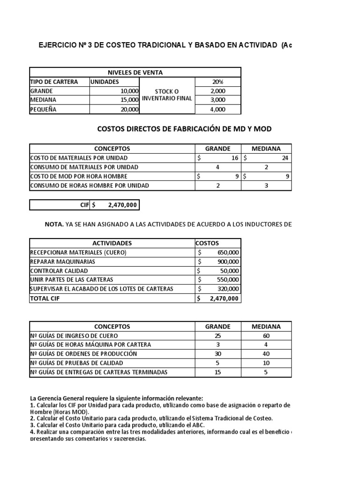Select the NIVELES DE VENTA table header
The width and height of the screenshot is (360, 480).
[135, 72]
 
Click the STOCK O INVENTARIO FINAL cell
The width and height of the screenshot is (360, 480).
[167, 95]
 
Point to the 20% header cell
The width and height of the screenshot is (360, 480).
[217, 82]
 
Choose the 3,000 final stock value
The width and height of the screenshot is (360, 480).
[217, 100]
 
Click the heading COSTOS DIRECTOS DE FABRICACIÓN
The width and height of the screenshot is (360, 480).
[184, 128]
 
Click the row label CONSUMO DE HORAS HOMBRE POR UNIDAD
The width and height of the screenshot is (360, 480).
[90, 185]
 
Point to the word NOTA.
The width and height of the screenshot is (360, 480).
[54, 225]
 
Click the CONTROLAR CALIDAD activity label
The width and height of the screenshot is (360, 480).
[59, 270]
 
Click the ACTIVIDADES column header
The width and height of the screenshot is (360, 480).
[112, 243]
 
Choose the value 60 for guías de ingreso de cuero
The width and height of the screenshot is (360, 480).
[266, 336]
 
